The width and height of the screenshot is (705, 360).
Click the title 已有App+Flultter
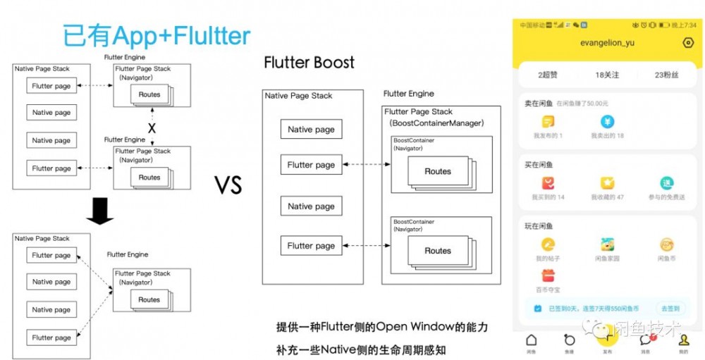[156, 35]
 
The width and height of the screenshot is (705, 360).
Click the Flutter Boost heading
[309, 63]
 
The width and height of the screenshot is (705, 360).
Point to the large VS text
[228, 185]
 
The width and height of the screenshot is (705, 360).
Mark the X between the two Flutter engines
[151, 128]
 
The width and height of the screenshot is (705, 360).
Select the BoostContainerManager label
[437, 123]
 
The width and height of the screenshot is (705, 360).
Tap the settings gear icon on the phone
[688, 43]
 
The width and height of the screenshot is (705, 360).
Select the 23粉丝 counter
[666, 75]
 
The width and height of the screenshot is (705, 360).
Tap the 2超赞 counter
[548, 75]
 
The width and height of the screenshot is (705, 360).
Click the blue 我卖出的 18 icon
[607, 122]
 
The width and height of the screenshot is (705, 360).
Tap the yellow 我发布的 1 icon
[548, 122]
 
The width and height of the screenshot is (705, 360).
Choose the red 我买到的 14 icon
[548, 183]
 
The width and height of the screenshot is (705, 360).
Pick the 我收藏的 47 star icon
[607, 183]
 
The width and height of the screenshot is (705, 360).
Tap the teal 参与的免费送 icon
[666, 183]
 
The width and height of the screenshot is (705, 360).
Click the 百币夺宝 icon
[548, 275]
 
